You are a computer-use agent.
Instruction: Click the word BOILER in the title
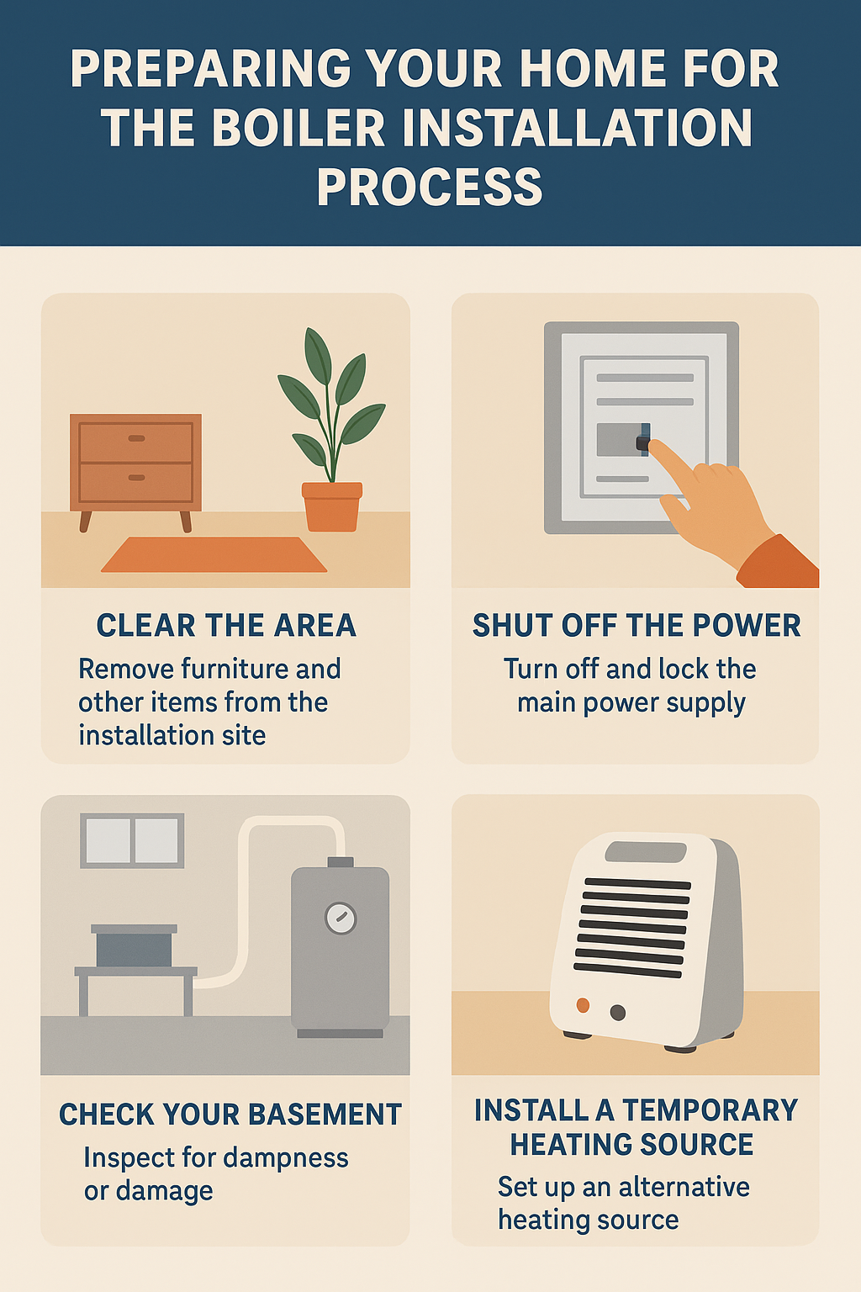tap(298, 128)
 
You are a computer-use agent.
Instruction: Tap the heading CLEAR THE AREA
tap(226, 625)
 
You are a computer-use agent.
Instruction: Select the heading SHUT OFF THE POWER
tap(637, 625)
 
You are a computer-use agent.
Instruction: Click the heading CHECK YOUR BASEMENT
tap(230, 1114)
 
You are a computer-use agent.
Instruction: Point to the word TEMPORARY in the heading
tap(710, 1110)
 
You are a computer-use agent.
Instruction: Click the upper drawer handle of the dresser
tap(136, 438)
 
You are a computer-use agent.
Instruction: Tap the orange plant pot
tap(331, 506)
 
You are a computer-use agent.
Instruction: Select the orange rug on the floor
tap(214, 555)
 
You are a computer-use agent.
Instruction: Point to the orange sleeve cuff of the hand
tap(779, 563)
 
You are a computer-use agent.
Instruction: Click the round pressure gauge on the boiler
tap(341, 919)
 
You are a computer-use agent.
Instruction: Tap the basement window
tap(132, 841)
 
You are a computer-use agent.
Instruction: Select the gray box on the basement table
tap(134, 945)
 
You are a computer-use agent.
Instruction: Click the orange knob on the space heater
tap(583, 1005)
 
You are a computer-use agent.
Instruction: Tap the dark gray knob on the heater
tap(618, 1012)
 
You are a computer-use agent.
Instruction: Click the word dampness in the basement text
tap(286, 1157)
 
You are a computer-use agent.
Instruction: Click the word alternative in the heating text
tap(684, 1187)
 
